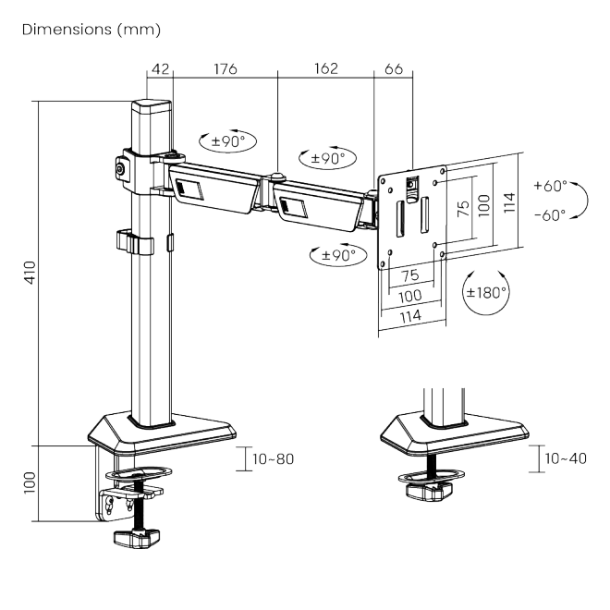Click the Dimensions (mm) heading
[91, 30]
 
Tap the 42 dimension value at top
[160, 69]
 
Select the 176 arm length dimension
[226, 69]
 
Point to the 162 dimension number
[326, 68]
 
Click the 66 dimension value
[394, 69]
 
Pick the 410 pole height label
[30, 273]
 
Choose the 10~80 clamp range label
[273, 459]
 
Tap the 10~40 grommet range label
[566, 458]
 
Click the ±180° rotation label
[486, 292]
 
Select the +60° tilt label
[550, 186]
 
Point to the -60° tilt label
[550, 214]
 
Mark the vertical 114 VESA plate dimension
[509, 202]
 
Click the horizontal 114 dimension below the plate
[410, 316]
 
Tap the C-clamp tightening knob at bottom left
[137, 538]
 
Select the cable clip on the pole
[135, 242]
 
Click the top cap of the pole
[152, 106]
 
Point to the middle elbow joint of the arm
[277, 177]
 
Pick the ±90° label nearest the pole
[228, 140]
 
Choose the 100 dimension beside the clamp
[30, 482]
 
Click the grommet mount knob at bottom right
[431, 492]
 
